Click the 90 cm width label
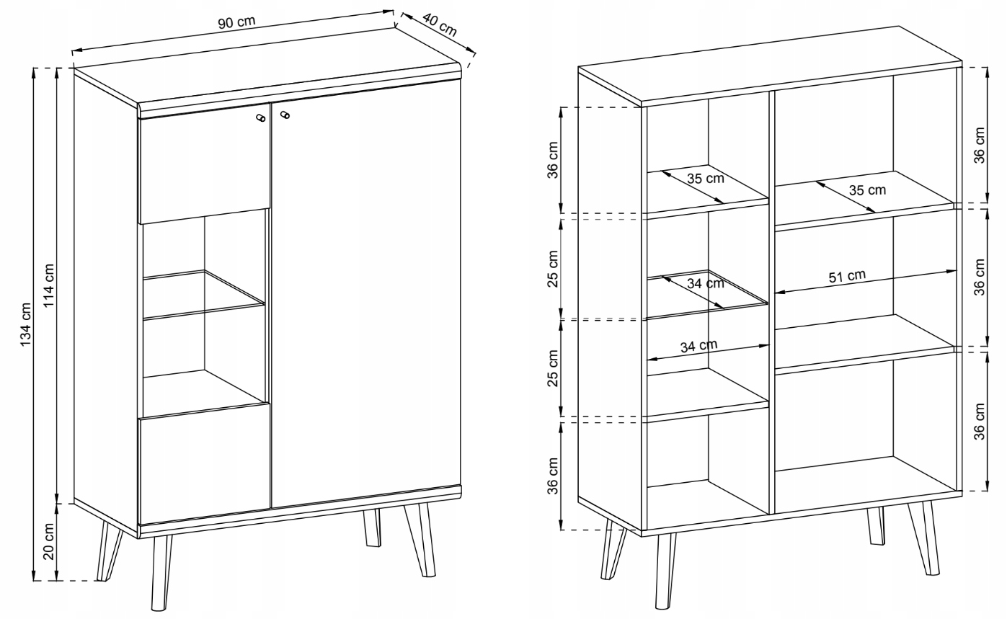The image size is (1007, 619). click(236, 22)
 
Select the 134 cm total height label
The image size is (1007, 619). click(25, 324)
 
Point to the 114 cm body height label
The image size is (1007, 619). click(48, 285)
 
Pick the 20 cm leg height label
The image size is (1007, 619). click(48, 542)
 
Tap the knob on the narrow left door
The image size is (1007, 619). click(259, 117)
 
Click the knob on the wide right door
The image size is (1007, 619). click(285, 115)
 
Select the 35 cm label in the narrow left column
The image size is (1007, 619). click(706, 179)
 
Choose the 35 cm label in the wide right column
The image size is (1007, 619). click(867, 190)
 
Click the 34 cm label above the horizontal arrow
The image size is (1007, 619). click(698, 346)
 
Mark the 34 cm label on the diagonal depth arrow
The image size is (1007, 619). click(706, 284)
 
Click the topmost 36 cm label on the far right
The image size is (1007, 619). click(979, 145)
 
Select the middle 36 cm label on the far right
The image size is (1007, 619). click(979, 277)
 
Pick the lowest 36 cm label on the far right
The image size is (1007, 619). click(979, 422)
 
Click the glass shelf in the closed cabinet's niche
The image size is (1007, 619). click(203, 295)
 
